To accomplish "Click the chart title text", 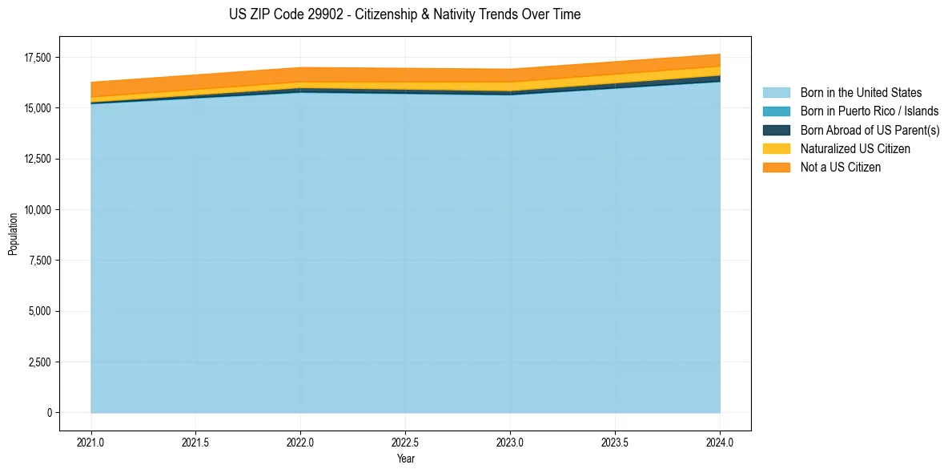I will pyautogui.click(x=404, y=14).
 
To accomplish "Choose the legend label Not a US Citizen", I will pyautogui.click(x=841, y=168).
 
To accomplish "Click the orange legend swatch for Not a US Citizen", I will pyautogui.click(x=776, y=168).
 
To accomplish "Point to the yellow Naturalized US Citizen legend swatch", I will pyautogui.click(x=776, y=149).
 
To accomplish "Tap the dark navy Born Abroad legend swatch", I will pyautogui.click(x=776, y=130).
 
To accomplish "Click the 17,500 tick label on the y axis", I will pyautogui.click(x=38, y=58).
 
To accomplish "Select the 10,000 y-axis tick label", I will pyautogui.click(x=38, y=210).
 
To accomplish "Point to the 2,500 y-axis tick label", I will pyautogui.click(x=40, y=362).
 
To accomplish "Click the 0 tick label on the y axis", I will pyautogui.click(x=49, y=413).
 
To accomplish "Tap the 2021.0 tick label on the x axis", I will pyautogui.click(x=91, y=442).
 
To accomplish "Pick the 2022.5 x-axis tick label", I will pyautogui.click(x=405, y=442).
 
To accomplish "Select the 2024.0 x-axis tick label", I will pyautogui.click(x=720, y=442).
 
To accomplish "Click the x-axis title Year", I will pyautogui.click(x=405, y=459).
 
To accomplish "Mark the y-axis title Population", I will pyautogui.click(x=13, y=234).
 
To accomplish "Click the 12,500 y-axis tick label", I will pyautogui.click(x=38, y=160).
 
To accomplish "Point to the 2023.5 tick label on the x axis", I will pyautogui.click(x=615, y=442).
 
